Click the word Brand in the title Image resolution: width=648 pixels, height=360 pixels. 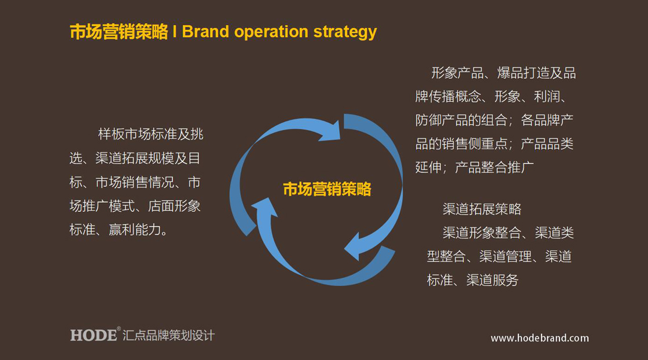205,32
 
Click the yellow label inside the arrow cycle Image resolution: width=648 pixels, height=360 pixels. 327,189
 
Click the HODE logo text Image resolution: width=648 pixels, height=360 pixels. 93,335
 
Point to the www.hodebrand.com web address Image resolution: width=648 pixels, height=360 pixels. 540,338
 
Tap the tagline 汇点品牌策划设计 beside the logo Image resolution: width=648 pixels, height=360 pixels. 168,335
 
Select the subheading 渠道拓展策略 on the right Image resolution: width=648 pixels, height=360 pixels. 482,209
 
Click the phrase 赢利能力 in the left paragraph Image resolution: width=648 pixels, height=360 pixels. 135,229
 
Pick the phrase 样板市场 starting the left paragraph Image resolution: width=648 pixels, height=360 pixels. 124,134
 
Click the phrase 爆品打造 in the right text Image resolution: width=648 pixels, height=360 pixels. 523,73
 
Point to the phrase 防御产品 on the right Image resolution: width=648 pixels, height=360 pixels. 442,120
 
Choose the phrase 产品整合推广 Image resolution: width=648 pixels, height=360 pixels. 494,167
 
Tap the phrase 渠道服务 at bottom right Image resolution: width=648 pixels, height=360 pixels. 492,280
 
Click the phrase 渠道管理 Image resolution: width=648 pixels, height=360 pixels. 506,256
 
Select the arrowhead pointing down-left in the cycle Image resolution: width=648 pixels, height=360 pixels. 352,247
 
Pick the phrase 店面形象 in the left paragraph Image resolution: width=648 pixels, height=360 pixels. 174,206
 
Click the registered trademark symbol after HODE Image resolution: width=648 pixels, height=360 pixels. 119,329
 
